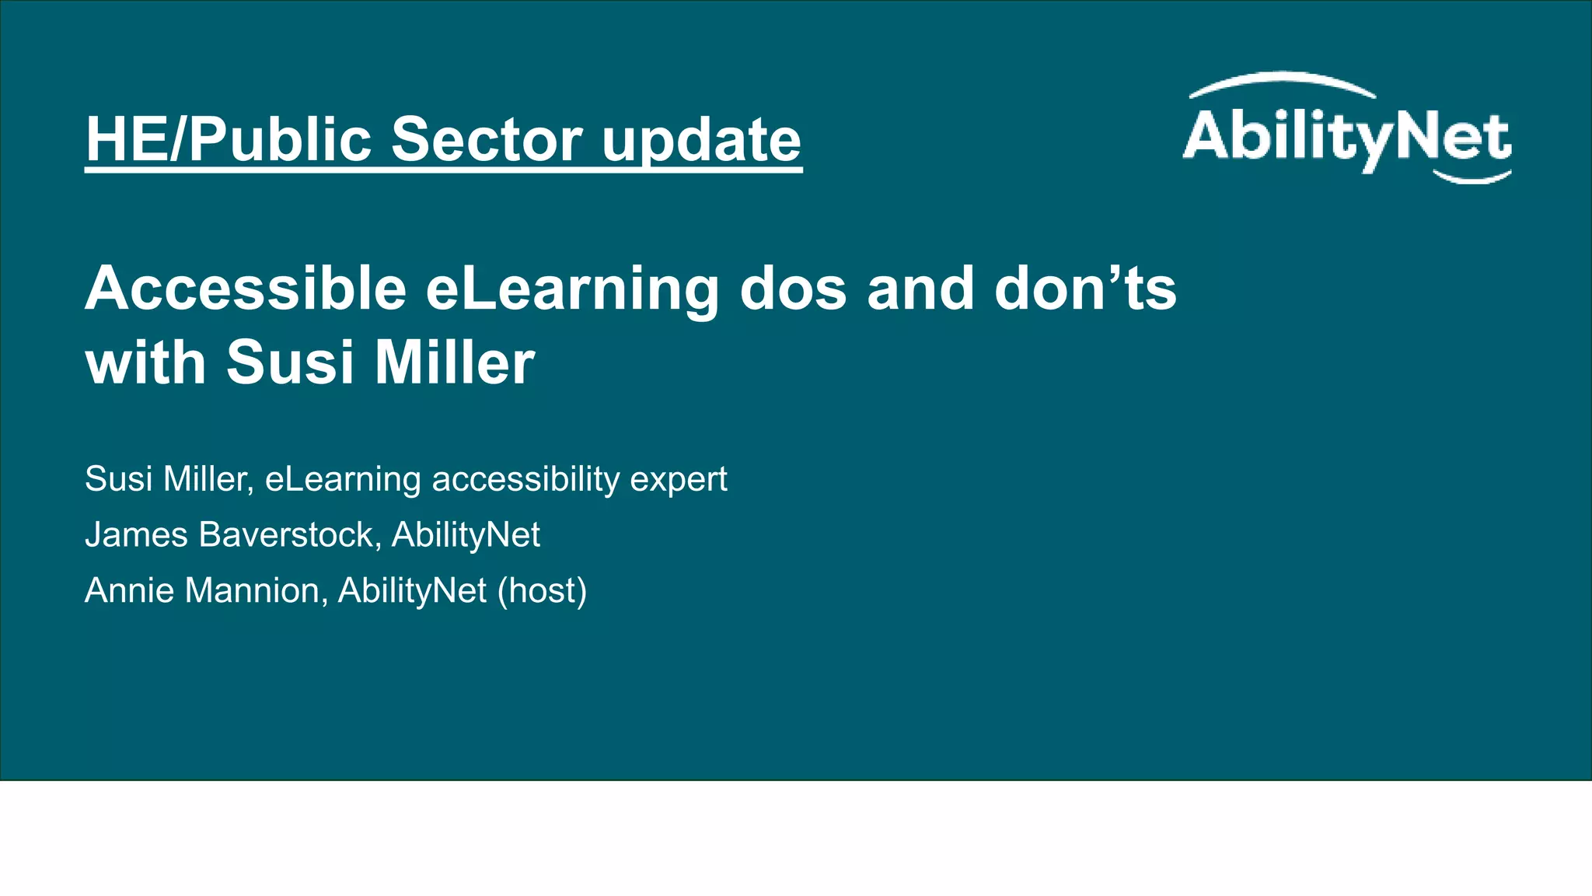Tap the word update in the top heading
701,140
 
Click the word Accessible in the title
246,289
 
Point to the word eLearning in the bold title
572,289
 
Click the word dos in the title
793,289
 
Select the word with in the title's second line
145,363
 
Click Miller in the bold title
454,363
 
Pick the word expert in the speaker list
678,479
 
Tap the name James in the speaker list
136,535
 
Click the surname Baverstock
289,535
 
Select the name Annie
129,591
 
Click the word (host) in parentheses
542,591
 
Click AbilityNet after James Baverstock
466,535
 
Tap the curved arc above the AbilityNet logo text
1283,82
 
